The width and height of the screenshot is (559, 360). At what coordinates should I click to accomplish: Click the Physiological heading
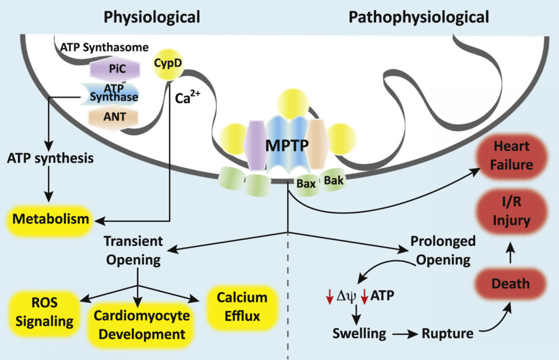152,17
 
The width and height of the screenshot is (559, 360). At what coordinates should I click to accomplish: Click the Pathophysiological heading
419,17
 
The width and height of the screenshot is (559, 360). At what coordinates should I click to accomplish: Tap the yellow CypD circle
168,64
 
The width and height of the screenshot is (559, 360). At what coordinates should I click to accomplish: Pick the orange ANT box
112,117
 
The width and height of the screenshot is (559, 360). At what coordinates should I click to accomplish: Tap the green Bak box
334,179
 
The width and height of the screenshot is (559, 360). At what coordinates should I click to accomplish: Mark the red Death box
510,284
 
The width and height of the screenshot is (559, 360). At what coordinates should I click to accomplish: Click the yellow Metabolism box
51,220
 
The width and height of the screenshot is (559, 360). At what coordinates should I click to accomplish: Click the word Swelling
360,333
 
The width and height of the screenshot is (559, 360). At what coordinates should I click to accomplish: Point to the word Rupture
448,333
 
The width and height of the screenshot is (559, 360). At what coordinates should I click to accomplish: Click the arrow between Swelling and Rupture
403,333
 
